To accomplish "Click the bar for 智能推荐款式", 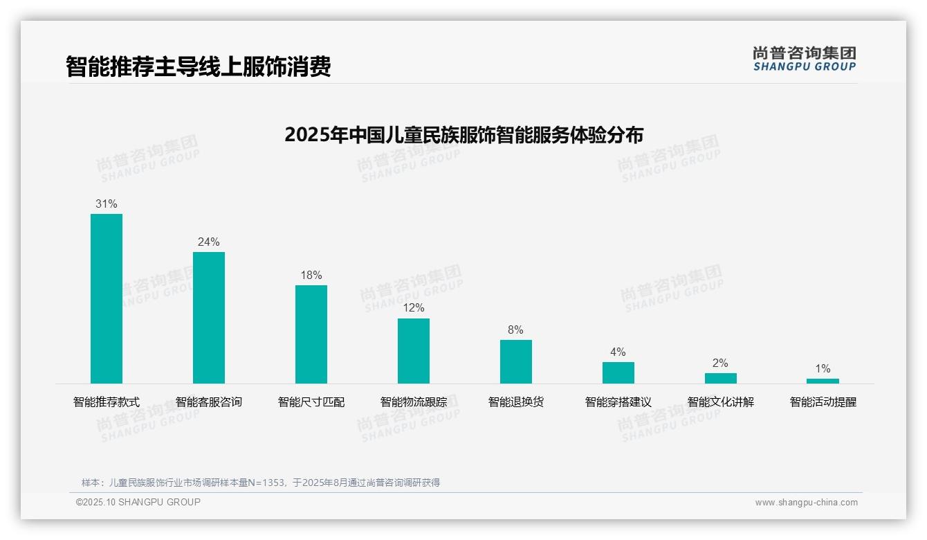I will click(107, 298).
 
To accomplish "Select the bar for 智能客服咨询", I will click(209, 318).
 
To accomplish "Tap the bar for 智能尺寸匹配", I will click(311, 334).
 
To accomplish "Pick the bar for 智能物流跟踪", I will click(414, 351).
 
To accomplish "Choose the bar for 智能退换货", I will click(516, 361).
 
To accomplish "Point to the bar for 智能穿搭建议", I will click(618, 372).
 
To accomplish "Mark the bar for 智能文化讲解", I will click(721, 378).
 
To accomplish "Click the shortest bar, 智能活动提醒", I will click(823, 381).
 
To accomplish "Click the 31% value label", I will click(107, 204).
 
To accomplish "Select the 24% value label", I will click(209, 242).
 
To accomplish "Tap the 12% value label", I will click(414, 308).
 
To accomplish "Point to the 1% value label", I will click(823, 369).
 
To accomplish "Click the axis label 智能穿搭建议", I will click(618, 402).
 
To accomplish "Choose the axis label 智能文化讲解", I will click(721, 402).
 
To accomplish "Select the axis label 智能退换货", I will click(516, 402).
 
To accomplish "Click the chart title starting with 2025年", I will click(463, 134).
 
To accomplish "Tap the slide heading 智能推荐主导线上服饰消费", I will click(199, 66).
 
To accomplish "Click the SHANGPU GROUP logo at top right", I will click(805, 59).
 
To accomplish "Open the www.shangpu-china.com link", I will click(806, 503).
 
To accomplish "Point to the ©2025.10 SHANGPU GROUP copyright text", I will click(138, 503).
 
